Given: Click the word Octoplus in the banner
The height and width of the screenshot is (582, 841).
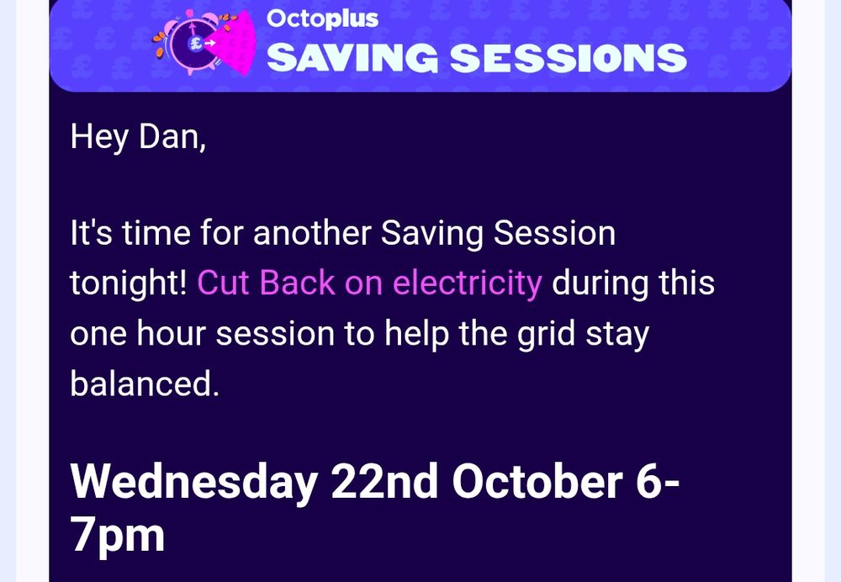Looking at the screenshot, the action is (x=322, y=19).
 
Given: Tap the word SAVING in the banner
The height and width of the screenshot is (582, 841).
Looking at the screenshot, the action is (x=352, y=57).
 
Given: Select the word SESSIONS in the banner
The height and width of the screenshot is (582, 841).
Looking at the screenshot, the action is (x=569, y=57).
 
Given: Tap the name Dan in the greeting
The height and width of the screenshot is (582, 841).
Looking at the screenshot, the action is (x=172, y=137).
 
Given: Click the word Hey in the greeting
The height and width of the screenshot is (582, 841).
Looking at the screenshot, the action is (x=99, y=138).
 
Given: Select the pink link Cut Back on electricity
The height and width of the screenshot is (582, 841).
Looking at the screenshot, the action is (x=369, y=283).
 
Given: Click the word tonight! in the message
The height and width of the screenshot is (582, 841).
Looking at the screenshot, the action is (x=129, y=283).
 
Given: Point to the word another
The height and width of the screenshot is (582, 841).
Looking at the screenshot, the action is (x=312, y=233).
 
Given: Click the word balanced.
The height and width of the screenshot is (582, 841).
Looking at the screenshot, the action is (x=145, y=384).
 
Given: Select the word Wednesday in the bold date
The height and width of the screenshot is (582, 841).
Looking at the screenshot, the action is (x=194, y=482).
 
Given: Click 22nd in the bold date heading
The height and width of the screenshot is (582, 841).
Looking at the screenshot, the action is (x=384, y=481).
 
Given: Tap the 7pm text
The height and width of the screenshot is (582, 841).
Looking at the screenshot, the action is (x=118, y=537).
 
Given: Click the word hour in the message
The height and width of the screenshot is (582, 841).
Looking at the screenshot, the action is (x=171, y=333).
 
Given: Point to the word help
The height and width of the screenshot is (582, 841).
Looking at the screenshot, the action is (x=416, y=334).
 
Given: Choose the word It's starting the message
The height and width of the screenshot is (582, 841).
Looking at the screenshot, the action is (x=91, y=233).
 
